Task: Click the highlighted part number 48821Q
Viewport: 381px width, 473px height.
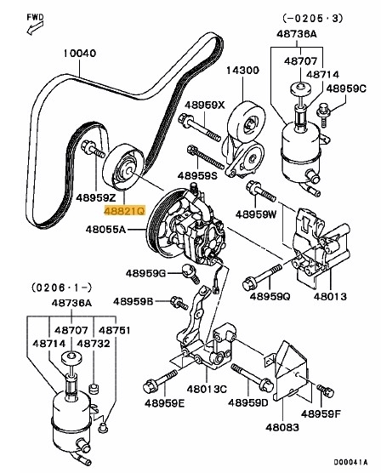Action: click(x=124, y=211)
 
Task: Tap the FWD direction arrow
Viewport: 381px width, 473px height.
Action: click(x=34, y=28)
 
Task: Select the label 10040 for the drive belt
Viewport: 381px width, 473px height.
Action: click(x=80, y=53)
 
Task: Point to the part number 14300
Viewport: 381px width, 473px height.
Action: click(x=243, y=71)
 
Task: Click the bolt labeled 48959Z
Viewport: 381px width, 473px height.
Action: click(x=94, y=150)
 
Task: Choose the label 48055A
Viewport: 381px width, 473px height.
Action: click(x=105, y=230)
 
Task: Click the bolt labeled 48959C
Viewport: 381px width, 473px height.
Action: click(x=323, y=115)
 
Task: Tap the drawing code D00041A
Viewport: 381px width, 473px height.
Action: click(x=350, y=462)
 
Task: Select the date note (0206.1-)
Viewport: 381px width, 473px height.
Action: click(x=61, y=288)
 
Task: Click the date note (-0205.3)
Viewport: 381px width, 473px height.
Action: click(x=312, y=19)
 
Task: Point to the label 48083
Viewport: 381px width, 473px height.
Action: click(x=282, y=427)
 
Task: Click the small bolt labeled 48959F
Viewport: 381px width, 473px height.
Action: click(x=326, y=390)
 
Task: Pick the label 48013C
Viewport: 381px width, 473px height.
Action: click(x=207, y=389)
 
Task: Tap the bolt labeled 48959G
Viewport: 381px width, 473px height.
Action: click(x=190, y=273)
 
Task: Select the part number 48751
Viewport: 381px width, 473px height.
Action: click(x=114, y=330)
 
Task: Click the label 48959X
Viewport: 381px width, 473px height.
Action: click(x=205, y=105)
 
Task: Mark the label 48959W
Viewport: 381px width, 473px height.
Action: click(x=256, y=214)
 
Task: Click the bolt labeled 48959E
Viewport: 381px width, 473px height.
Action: click(x=160, y=381)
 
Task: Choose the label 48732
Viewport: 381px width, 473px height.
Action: click(x=94, y=344)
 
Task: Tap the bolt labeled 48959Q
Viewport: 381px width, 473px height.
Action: click(x=262, y=277)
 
